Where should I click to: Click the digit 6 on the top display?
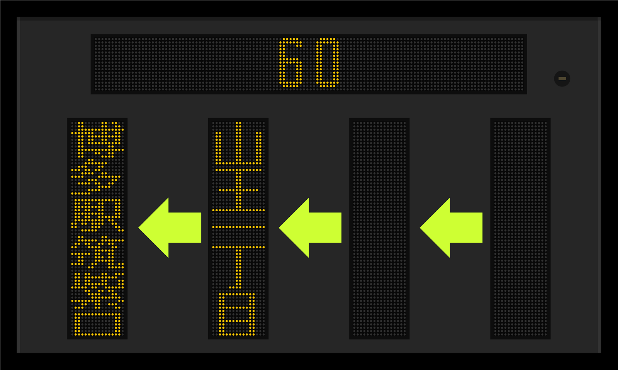[290, 63]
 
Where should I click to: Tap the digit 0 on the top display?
[328, 63]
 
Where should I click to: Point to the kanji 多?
[97, 176]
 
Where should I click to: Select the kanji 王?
[238, 190]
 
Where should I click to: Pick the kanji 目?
[238, 314]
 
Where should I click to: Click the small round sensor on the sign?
[562, 79]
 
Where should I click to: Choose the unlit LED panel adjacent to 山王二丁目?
[379, 229]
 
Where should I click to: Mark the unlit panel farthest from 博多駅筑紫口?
[520, 229]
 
